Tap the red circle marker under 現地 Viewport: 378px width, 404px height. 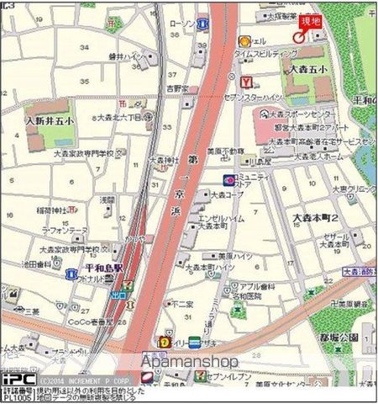tap(299, 35)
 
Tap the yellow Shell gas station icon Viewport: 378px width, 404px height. tap(244, 40)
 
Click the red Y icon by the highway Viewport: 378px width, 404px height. tap(246, 82)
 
